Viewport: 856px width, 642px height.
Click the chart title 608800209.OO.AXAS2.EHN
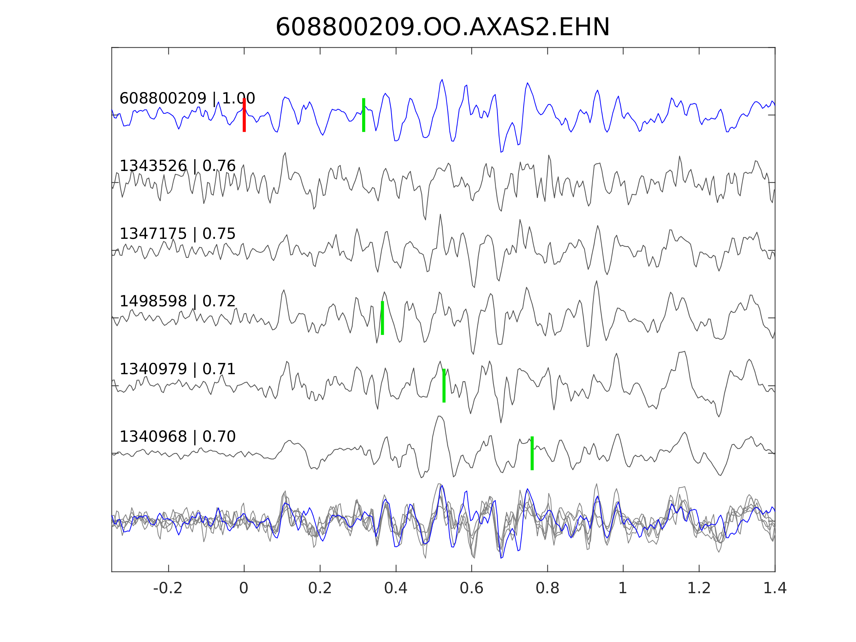442,28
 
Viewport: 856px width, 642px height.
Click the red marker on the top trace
244,115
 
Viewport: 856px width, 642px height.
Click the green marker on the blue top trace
364,115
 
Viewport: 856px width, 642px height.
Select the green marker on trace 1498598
382,318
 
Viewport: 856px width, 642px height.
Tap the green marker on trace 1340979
444,386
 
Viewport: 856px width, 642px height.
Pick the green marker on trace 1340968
532,453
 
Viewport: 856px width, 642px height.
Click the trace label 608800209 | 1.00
187,98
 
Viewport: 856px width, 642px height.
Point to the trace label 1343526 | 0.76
177,166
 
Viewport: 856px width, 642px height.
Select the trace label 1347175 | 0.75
177,234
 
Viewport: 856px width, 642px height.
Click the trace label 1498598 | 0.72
177,301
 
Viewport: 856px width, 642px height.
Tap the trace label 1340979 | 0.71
177,369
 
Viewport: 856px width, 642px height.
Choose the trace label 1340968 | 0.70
177,437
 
